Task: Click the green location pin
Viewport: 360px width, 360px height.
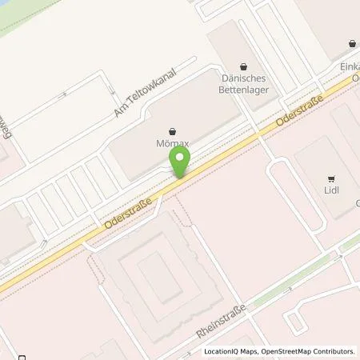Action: pos(182,161)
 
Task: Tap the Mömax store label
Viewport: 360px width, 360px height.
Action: pos(171,146)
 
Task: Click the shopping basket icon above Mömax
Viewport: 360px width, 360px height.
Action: pos(171,131)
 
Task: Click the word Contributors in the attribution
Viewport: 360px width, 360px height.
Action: pos(332,351)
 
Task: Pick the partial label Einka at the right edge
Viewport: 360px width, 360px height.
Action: pos(349,70)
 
